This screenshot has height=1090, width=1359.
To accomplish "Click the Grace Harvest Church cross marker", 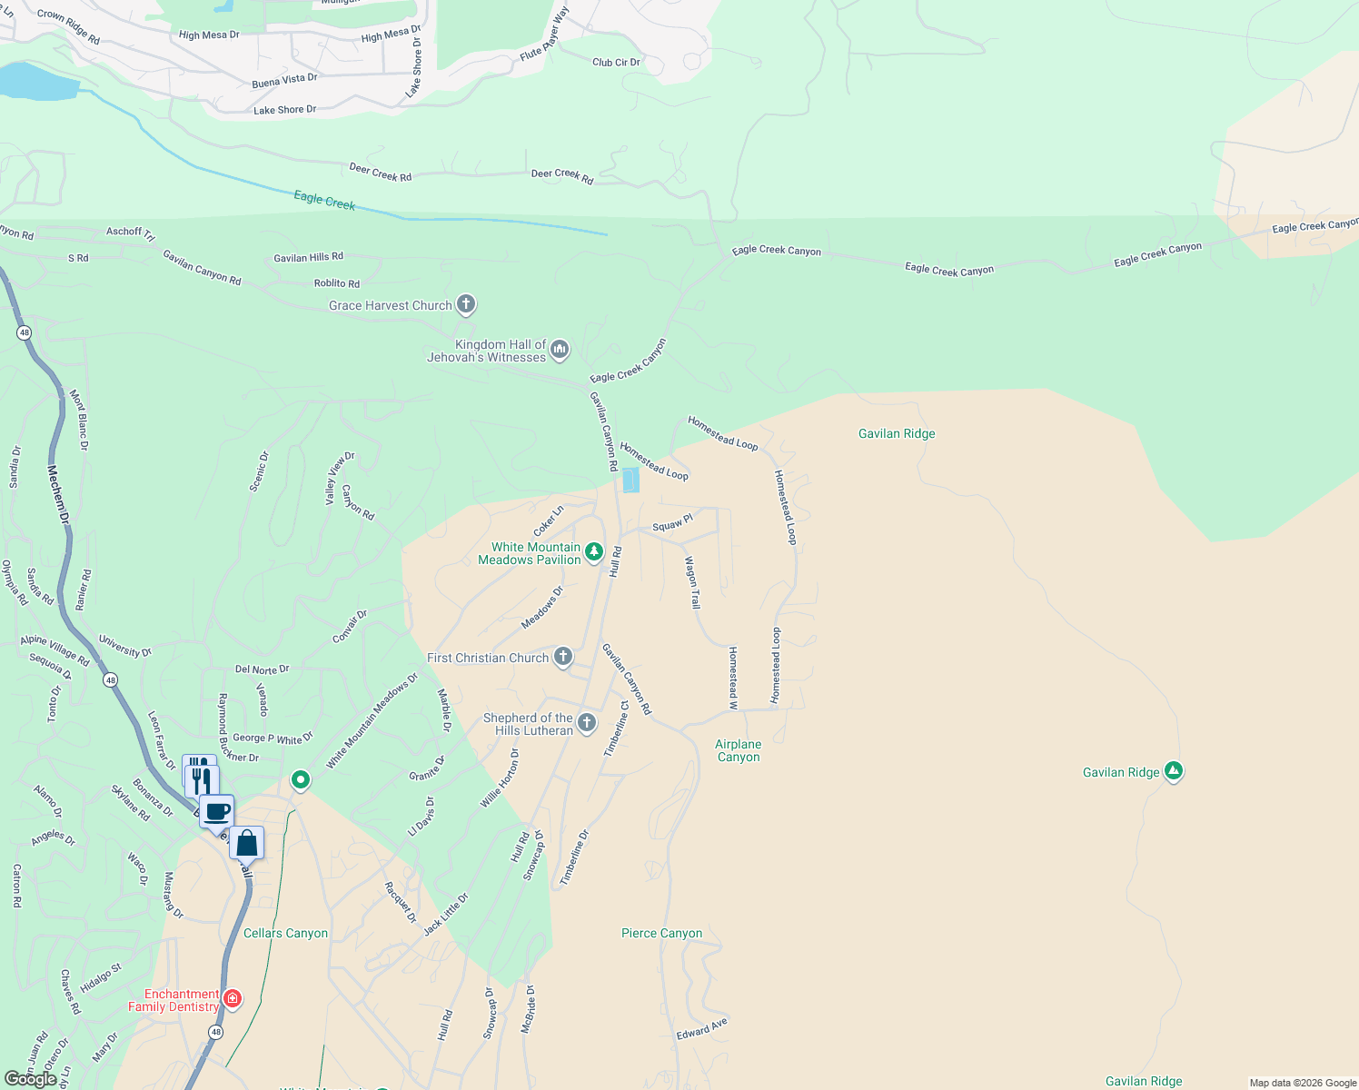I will [466, 304].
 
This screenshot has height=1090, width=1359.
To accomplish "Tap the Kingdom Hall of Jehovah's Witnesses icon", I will [560, 349].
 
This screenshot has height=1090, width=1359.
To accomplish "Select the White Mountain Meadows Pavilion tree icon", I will [594, 551].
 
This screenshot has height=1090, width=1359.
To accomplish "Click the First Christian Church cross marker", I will [563, 657].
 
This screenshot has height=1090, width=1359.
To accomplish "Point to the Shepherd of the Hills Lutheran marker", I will [587, 723].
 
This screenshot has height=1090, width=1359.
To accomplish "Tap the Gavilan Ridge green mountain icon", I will [1174, 772].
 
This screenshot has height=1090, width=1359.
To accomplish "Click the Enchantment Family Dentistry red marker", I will [233, 999].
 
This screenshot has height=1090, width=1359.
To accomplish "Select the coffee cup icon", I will [216, 811].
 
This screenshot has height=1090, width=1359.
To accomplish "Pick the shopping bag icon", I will [246, 844].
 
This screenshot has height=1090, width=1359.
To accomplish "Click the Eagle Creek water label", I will [324, 200].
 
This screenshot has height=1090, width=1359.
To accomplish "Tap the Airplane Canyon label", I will [739, 750].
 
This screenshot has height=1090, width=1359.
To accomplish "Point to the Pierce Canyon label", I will [661, 933].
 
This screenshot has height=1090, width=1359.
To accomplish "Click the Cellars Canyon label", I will [285, 933].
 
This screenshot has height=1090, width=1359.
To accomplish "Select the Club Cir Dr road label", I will [616, 63].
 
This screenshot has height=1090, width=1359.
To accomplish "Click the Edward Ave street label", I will [701, 1029].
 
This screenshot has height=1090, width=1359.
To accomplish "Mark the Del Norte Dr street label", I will [262, 669].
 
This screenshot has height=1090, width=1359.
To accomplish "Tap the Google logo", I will [31, 1079].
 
